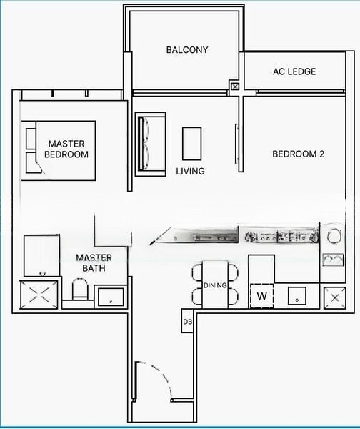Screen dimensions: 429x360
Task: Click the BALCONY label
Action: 187,50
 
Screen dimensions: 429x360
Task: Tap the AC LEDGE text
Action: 294,71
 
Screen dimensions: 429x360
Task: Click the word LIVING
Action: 191,171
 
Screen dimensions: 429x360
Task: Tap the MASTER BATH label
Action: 94,262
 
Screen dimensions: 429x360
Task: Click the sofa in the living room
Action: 150,144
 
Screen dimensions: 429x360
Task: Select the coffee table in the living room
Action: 191,143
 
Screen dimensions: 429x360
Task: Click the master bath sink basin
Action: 110,297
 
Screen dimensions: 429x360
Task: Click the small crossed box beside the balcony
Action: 235,87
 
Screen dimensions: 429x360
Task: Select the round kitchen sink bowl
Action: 333,235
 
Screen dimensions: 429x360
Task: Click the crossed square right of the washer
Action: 334,297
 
